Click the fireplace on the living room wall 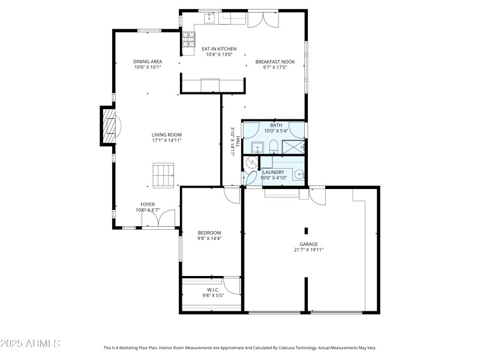(x=108, y=126)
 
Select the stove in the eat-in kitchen (x=189, y=40)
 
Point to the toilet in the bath (x=273, y=146)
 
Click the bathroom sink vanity (x=256, y=147)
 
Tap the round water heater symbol (x=251, y=162)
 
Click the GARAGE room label (x=309, y=244)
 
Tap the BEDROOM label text (x=209, y=233)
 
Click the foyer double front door (x=158, y=218)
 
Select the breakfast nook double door (x=263, y=19)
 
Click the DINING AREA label (x=148, y=61)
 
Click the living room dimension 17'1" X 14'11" (x=166, y=140)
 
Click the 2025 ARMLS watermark (x=30, y=344)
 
